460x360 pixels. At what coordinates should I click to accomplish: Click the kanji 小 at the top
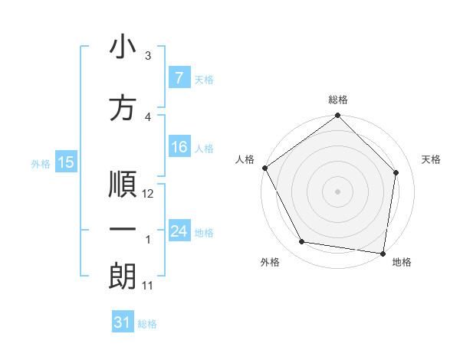coord(123,48)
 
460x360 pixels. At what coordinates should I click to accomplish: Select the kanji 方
coord(123,109)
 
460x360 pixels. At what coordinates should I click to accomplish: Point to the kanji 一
coord(123,229)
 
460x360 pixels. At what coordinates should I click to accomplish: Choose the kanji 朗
coord(123,277)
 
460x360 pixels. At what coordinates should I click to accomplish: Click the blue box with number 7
coord(179,78)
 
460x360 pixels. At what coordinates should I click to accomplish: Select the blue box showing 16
coord(179,147)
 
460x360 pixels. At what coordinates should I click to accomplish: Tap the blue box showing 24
coord(179,231)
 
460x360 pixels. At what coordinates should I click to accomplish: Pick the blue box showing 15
coord(65,162)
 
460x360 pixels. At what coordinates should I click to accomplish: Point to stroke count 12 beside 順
coord(149,194)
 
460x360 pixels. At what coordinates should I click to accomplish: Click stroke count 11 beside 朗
coord(147,286)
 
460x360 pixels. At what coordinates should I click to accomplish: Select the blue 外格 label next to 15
coord(40,163)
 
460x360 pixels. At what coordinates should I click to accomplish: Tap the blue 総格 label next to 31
coord(147,324)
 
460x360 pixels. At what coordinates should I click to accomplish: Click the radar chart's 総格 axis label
coord(338,100)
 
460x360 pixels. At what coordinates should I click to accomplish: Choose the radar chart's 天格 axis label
coord(431,159)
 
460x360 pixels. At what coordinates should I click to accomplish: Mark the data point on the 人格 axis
coord(264,168)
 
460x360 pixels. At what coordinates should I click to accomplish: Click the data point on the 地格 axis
coord(383,253)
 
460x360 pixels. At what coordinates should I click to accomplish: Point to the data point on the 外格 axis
coord(302,242)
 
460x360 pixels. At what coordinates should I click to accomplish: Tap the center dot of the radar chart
coord(337,191)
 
